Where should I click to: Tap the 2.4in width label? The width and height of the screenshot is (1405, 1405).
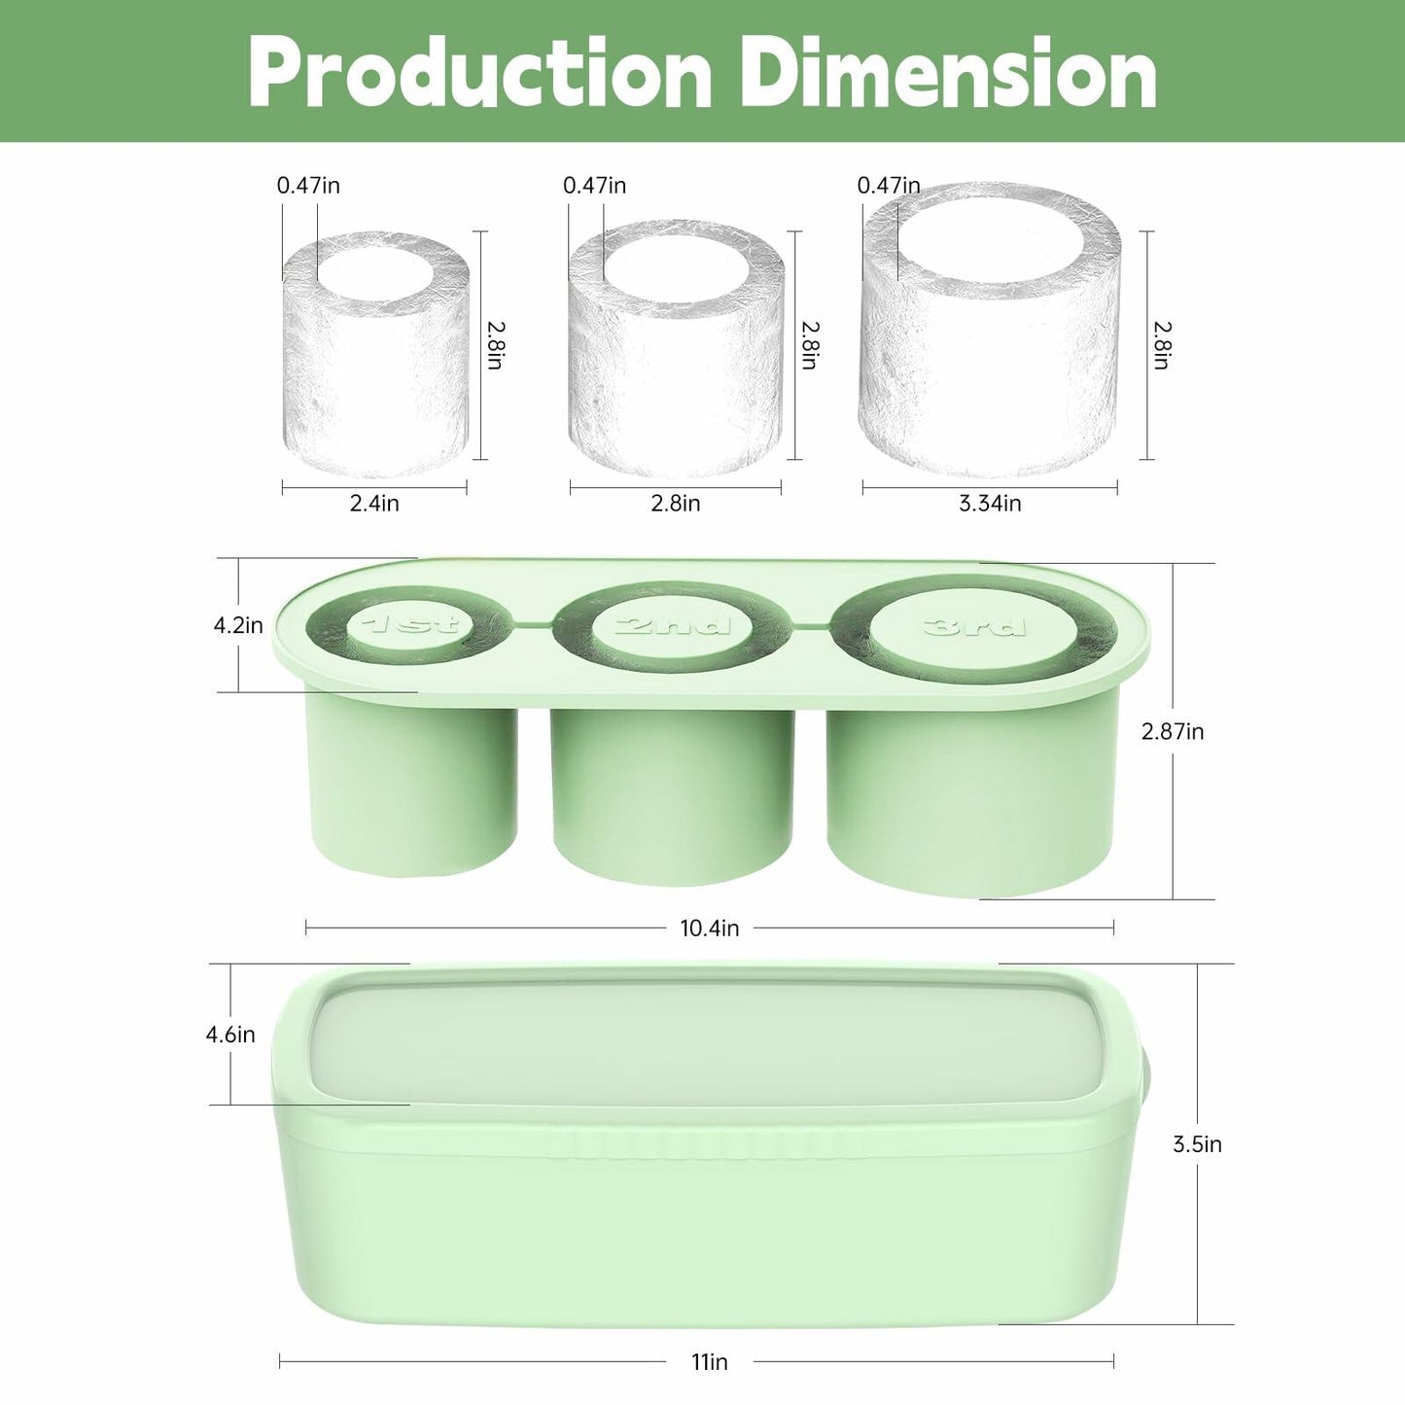pyautogui.click(x=374, y=504)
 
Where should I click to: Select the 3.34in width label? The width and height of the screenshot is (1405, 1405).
pyautogui.click(x=990, y=504)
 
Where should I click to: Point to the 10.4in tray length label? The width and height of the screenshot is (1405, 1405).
pyautogui.click(x=709, y=929)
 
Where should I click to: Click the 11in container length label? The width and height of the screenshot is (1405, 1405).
pyautogui.click(x=710, y=1362)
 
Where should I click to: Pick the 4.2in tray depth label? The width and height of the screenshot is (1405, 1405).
pyautogui.click(x=238, y=625)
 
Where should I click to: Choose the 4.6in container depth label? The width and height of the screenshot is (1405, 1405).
pyautogui.click(x=230, y=1035)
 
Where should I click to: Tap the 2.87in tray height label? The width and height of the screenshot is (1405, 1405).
pyautogui.click(x=1173, y=731)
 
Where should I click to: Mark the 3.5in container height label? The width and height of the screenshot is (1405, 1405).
pyautogui.click(x=1197, y=1144)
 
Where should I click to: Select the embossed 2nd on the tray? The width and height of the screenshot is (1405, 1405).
pyautogui.click(x=672, y=624)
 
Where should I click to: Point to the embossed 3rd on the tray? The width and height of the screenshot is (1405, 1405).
pyautogui.click(x=974, y=626)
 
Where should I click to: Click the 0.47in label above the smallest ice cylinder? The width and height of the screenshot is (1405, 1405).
pyautogui.click(x=308, y=186)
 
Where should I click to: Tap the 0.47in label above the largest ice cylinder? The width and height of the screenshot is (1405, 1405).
pyautogui.click(x=888, y=186)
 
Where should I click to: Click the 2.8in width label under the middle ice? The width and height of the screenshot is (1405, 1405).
pyautogui.click(x=676, y=504)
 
